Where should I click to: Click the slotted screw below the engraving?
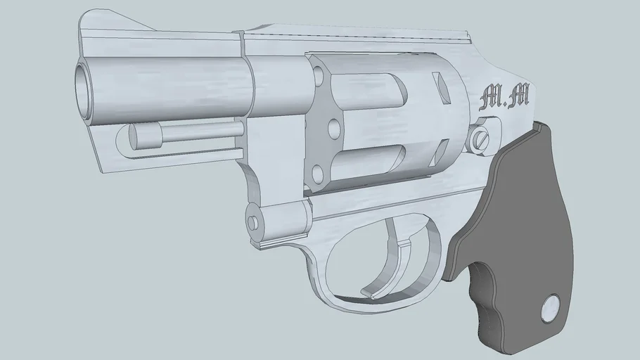pos(481,138)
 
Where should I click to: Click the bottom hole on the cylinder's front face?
pos(316,171)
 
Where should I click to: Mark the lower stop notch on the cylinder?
pos(442,149)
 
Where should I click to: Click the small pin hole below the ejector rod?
pos(252,222)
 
